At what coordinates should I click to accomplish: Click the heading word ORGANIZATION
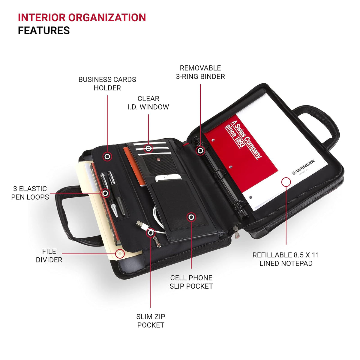point(107,18)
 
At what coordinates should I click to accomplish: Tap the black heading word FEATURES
point(44,31)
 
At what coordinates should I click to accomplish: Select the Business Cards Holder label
point(107,83)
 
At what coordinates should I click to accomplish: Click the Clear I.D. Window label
point(148,103)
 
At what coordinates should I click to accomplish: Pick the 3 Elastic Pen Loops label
point(30,193)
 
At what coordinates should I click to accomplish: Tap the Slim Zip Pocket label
point(151,321)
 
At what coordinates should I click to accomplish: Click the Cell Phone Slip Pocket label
point(191,282)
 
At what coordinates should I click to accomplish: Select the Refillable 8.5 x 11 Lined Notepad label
point(286,259)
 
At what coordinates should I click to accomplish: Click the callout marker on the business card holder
point(107,157)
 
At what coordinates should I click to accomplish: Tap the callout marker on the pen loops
point(105,193)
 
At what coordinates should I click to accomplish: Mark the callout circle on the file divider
point(120,254)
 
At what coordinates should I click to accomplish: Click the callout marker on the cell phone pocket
point(191,217)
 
